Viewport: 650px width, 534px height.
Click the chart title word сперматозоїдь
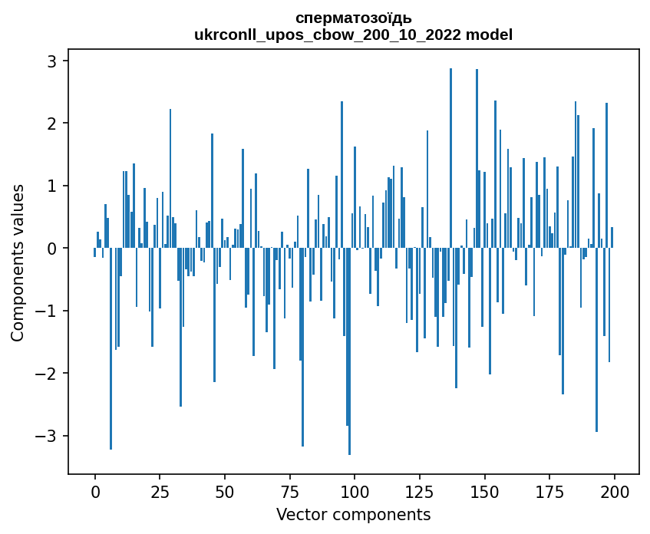[353, 18]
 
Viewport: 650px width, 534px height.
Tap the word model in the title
[484, 35]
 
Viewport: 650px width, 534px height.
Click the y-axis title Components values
[18, 262]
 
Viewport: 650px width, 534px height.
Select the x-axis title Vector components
[353, 514]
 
